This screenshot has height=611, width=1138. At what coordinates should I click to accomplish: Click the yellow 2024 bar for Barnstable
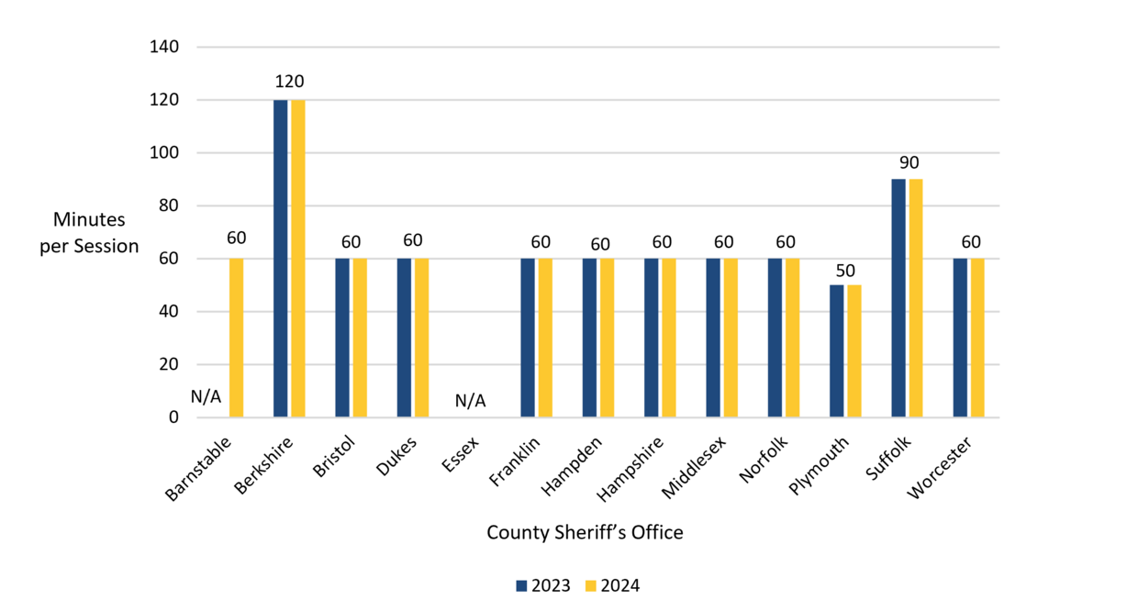[236, 338]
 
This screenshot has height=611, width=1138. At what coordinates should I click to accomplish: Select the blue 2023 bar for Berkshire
[281, 259]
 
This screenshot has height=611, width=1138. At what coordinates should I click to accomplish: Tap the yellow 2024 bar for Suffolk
[916, 298]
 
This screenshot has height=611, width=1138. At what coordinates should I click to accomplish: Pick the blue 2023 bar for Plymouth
[836, 351]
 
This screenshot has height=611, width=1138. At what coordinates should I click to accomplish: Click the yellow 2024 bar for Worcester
[977, 338]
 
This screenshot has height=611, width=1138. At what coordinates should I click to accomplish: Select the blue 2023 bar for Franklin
[528, 338]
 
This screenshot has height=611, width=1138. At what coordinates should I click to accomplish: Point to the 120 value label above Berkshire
[289, 83]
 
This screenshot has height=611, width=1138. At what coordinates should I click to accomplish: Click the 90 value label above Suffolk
[908, 162]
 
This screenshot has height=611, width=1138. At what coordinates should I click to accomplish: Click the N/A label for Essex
[470, 401]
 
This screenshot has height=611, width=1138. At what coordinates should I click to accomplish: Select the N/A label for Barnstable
[206, 396]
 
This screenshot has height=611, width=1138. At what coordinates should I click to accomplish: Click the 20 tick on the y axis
[168, 364]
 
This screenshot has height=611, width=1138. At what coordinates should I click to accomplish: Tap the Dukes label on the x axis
[396, 455]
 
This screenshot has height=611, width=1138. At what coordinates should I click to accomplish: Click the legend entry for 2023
[543, 585]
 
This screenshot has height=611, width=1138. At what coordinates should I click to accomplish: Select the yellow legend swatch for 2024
[591, 585]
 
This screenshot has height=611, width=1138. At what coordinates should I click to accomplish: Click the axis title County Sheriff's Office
[585, 532]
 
